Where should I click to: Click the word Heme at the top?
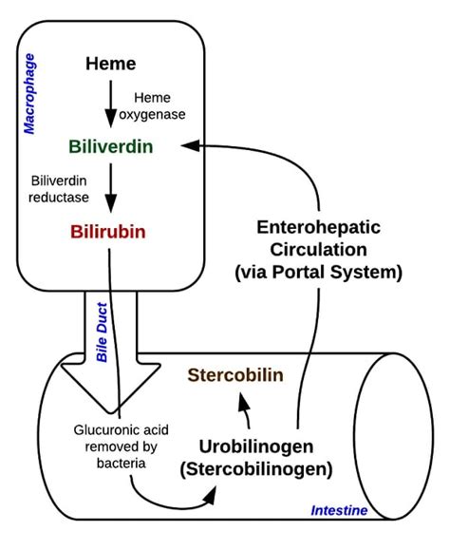click(110, 65)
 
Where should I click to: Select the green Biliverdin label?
click(110, 147)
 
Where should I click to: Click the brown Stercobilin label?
click(234, 374)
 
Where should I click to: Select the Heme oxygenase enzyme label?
click(159, 106)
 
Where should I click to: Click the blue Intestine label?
click(339, 510)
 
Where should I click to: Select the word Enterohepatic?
click(317, 229)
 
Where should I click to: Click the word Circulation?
click(317, 250)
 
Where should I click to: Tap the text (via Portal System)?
click(317, 273)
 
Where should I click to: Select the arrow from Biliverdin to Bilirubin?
click(110, 189)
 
